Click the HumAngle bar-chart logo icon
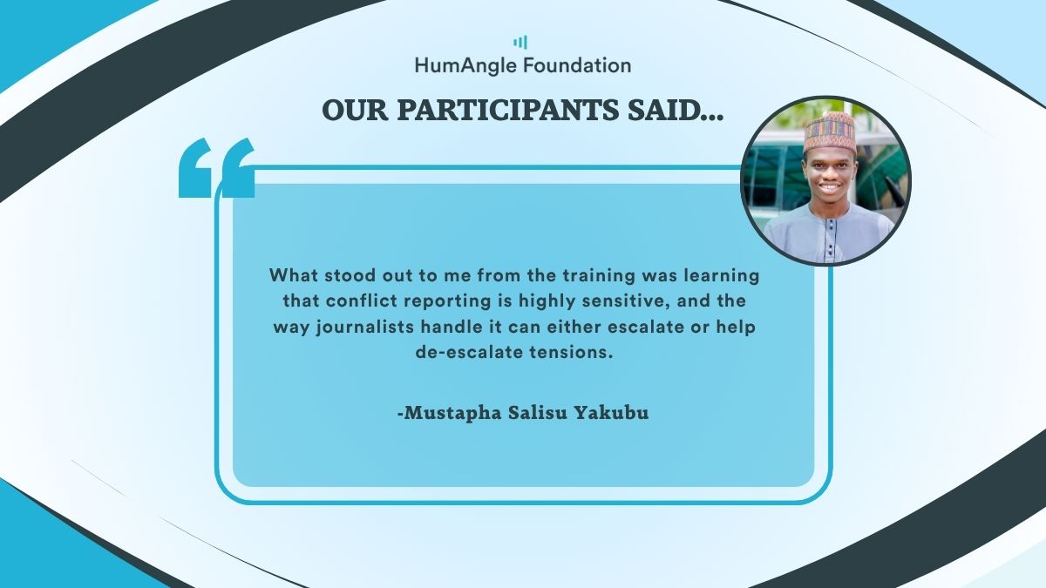pos(520,43)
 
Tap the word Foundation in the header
pos(577,64)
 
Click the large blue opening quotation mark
pos(217,167)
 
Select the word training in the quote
pos(599,276)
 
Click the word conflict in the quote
pos(361,301)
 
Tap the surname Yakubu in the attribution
pos(611,413)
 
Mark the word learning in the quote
pos(722,276)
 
